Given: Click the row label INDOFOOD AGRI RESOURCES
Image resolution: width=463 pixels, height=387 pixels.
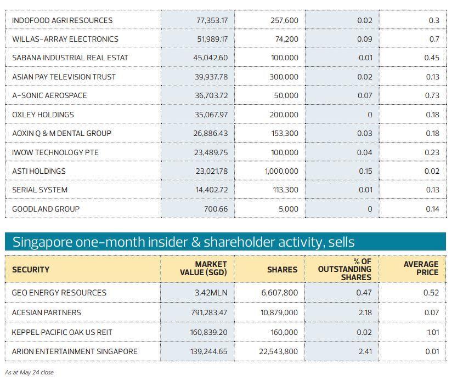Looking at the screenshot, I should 62,20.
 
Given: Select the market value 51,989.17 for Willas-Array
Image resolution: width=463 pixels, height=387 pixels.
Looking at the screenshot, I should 211,39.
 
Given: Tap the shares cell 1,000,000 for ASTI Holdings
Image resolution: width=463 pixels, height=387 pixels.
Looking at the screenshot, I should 281,171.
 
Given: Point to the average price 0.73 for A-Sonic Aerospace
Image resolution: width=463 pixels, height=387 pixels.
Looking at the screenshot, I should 432,95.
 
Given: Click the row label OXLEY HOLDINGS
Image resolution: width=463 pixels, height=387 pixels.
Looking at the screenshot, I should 43,115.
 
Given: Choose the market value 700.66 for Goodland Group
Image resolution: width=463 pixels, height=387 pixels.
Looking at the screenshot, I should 216,209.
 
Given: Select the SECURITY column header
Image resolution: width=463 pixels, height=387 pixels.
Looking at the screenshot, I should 31,270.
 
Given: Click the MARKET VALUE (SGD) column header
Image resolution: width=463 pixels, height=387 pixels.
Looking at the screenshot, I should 203,269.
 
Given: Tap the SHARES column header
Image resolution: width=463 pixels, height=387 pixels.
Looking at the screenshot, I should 282,270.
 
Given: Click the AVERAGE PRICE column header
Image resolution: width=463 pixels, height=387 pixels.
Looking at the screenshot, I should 421,268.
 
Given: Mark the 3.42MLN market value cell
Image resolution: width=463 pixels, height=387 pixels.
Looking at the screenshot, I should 211,293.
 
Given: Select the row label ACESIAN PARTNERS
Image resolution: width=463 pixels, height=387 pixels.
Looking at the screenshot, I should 46,312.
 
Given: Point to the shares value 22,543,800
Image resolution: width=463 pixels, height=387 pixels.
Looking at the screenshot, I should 278,351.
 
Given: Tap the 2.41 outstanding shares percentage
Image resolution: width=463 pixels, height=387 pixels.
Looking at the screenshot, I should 365,351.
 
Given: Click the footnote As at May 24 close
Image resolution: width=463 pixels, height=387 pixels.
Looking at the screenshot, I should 29,372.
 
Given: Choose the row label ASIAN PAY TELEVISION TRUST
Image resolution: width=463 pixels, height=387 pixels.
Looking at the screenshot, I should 64,77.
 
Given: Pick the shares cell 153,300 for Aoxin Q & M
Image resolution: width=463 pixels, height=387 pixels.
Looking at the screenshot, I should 284,133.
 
